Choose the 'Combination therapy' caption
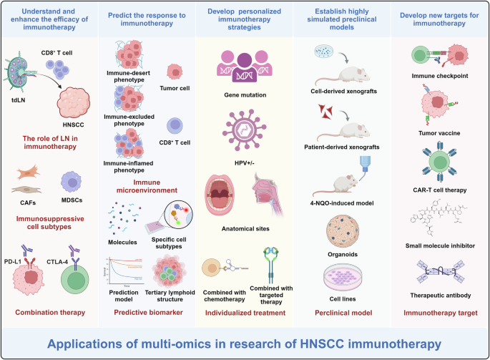coord(49,312)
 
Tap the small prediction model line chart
coord(127,271)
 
